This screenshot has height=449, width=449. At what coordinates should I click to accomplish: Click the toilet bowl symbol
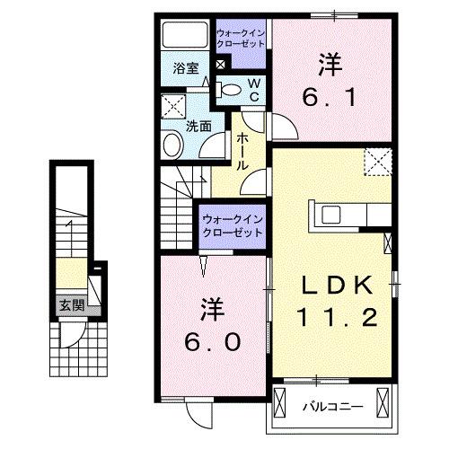coord(231,89)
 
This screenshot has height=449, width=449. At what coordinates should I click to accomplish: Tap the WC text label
coord(254,89)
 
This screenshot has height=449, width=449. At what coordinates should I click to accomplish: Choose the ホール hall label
coord(243,152)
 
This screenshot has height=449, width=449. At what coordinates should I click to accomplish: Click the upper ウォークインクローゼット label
coord(241,40)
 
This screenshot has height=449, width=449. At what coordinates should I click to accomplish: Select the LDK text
coord(334,285)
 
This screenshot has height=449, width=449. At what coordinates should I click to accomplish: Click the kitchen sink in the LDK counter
coord(327,216)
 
